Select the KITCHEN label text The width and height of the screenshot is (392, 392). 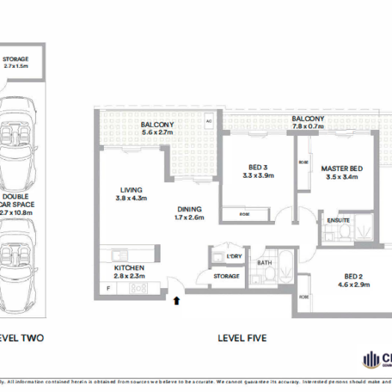coord(128,267)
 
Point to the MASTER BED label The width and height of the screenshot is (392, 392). coord(342,169)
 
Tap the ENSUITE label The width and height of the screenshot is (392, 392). coord(337,220)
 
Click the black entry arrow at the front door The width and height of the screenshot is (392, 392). coord(176,301)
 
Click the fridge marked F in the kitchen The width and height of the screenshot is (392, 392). coord(108,287)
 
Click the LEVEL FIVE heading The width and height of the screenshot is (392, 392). coord(242,337)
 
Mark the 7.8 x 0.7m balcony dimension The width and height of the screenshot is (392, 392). coord(308,126)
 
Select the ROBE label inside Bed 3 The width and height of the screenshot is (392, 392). coord(245,214)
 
